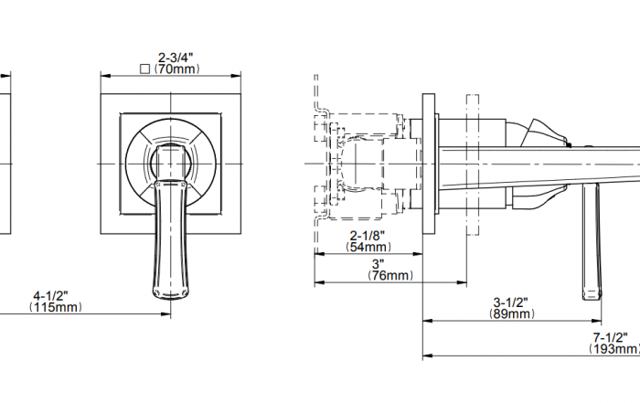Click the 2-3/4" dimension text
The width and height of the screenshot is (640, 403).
click(x=176, y=58)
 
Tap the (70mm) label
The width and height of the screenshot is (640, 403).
click(x=176, y=69)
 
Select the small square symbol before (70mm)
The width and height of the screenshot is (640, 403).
click(x=144, y=69)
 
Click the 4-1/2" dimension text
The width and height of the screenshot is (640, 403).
click(x=50, y=295)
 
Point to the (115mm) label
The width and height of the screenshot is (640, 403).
click(x=55, y=307)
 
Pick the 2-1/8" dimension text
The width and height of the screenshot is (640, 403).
click(x=368, y=235)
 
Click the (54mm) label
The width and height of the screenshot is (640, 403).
click(x=368, y=247)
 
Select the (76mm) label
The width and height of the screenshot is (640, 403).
click(x=390, y=275)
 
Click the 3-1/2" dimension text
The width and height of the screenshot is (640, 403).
click(x=510, y=302)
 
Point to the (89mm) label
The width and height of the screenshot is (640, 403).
click(x=511, y=313)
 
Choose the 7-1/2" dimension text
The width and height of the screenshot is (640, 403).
click(x=610, y=337)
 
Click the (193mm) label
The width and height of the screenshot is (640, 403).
click(x=613, y=349)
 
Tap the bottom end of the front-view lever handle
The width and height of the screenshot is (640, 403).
click(x=171, y=297)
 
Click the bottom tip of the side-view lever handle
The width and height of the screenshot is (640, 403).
click(x=592, y=300)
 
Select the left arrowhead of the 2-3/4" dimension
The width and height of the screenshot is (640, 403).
click(x=106, y=76)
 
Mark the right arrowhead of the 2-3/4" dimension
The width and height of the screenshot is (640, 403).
click(x=236, y=76)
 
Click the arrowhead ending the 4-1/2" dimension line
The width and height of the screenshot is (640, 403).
click(x=165, y=314)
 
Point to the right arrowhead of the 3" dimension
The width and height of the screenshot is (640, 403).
click(x=462, y=282)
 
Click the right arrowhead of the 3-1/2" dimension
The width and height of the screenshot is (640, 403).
click(x=596, y=321)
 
